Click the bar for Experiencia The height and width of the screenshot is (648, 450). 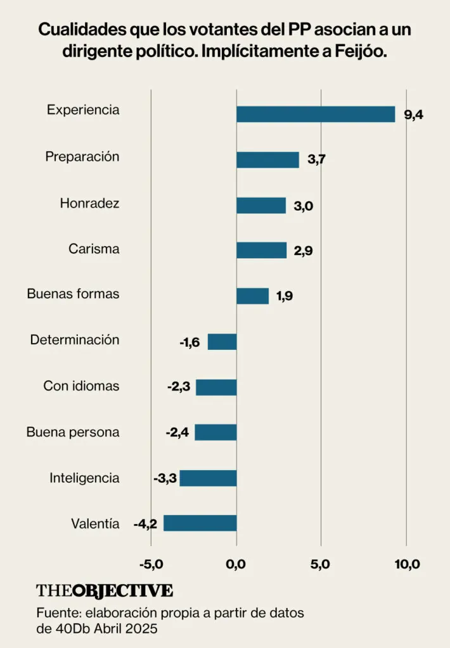click(x=316, y=114)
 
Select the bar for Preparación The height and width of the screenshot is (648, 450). click(x=267, y=159)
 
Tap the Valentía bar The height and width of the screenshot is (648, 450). click(x=200, y=523)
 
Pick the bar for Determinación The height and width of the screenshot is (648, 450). click(x=222, y=342)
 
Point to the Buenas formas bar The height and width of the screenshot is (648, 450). click(x=252, y=296)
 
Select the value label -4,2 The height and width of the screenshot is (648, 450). click(x=145, y=524)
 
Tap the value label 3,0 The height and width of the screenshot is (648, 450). click(x=304, y=206)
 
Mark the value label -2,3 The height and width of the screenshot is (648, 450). click(x=179, y=387)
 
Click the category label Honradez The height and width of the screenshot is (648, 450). click(x=89, y=203)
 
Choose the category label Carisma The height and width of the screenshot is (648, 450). click(x=94, y=249)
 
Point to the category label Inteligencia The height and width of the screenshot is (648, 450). click(x=84, y=478)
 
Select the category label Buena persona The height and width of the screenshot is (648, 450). click(x=73, y=432)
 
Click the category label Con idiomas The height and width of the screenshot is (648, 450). click(x=81, y=385)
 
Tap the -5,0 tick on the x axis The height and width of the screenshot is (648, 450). click(x=151, y=564)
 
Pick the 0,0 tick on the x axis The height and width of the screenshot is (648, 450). click(x=236, y=564)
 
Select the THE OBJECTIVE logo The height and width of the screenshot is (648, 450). click(x=104, y=590)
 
